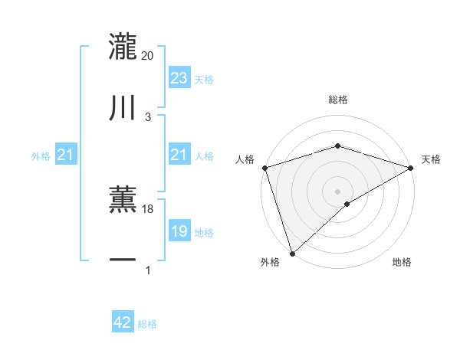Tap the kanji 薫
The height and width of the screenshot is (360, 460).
point(123,200)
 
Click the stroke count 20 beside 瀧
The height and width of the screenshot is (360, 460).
point(148,55)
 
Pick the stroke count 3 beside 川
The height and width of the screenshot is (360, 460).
point(148,116)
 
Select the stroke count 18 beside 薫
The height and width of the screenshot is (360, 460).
point(148,208)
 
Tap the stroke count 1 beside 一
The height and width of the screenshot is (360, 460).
point(148,270)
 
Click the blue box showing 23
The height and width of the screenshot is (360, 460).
point(179,78)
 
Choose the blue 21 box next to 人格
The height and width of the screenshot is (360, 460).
point(179,155)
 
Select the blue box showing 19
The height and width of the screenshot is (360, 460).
point(179,232)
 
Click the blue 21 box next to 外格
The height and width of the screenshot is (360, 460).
point(65,155)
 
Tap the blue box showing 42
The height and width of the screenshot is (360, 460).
point(123,323)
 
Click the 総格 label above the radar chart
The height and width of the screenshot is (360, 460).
point(338,100)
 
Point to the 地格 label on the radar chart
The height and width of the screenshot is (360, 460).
point(402,263)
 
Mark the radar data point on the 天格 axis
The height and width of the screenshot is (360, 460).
point(411,167)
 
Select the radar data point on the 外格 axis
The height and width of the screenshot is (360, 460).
point(292,253)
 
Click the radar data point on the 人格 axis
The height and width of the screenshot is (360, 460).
point(264,167)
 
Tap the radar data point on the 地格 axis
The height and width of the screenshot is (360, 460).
point(347,204)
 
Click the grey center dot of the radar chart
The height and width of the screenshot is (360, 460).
point(338,191)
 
